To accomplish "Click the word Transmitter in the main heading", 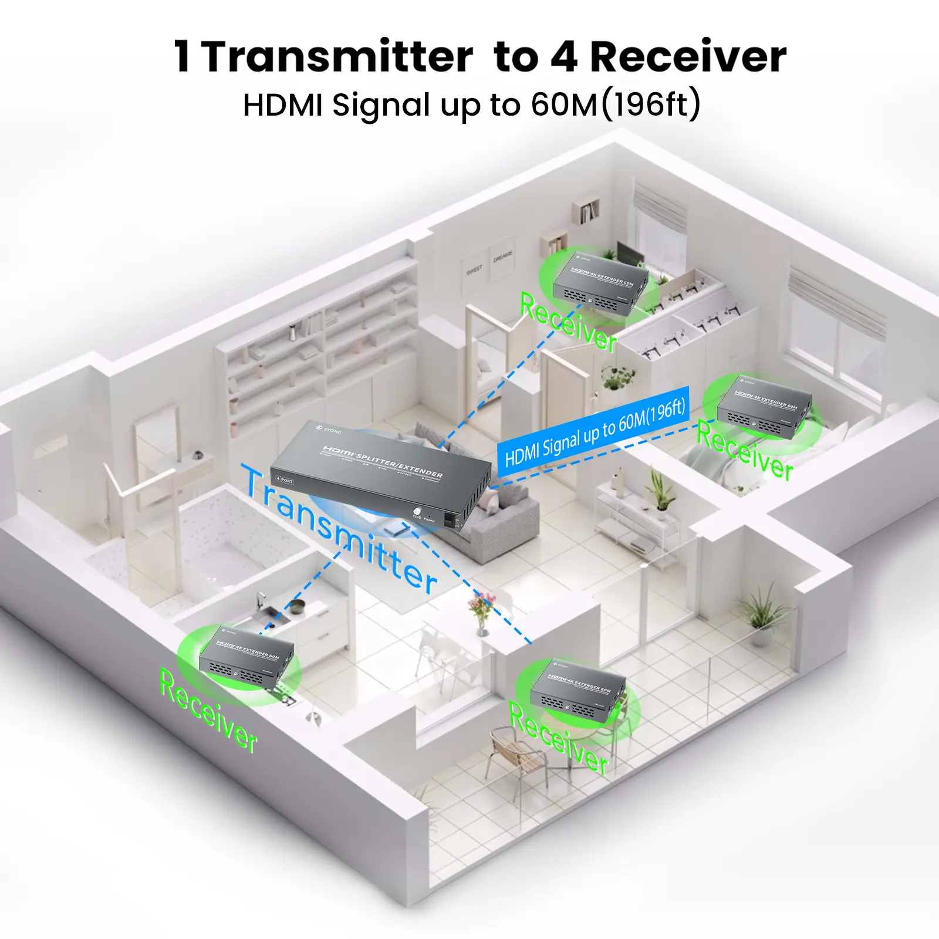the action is [337, 57].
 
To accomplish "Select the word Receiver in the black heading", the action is [688, 57].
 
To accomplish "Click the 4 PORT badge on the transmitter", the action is [285, 480].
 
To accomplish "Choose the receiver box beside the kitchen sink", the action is [246, 657].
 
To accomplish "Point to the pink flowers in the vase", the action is [481, 602].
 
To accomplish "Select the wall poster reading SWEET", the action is [474, 269].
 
